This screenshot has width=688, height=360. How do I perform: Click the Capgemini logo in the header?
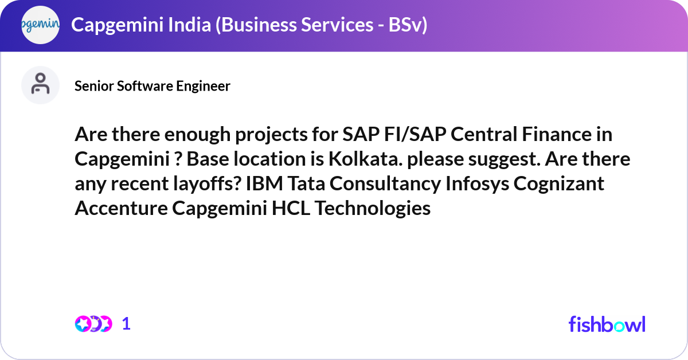pyautogui.click(x=40, y=25)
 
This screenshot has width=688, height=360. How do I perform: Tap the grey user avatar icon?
pyautogui.click(x=40, y=85)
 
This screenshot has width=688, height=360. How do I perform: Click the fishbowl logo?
pyautogui.click(x=607, y=324)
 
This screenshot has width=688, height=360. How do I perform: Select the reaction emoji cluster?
pyautogui.click(x=93, y=324)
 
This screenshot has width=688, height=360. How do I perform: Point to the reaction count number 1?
pyautogui.click(x=127, y=324)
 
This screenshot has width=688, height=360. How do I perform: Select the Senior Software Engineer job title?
pyautogui.click(x=153, y=86)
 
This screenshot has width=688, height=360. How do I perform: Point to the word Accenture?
pyautogui.click(x=120, y=208)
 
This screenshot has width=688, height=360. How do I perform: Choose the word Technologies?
pyautogui.click(x=373, y=208)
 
